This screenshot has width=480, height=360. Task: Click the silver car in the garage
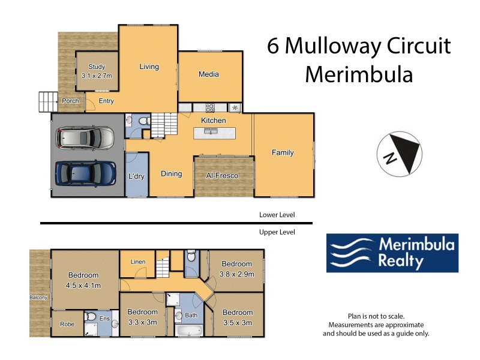[x=85, y=139]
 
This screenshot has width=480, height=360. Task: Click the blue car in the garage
[x=85, y=173]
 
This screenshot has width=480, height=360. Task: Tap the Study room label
[x=97, y=67]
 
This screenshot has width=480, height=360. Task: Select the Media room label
[x=209, y=74]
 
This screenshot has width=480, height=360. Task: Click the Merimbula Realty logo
[x=392, y=253]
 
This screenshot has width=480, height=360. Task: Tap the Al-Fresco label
[x=222, y=176]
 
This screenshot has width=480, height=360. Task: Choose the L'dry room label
[x=136, y=176]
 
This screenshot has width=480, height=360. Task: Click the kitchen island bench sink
[x=211, y=130]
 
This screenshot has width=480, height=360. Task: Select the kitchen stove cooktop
[x=211, y=108]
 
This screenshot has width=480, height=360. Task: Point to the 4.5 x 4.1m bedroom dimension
[x=85, y=284]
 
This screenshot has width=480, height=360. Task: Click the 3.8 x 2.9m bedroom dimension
[x=238, y=274]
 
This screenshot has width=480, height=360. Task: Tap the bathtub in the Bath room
[x=190, y=330]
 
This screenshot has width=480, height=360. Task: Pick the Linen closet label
[x=137, y=262]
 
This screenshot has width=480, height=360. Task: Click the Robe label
[x=67, y=324]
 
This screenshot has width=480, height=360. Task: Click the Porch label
[x=70, y=101]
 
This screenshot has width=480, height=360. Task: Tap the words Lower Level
[x=277, y=214]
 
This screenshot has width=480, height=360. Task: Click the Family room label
[x=283, y=152]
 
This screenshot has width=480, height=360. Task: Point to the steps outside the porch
[x=47, y=101]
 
